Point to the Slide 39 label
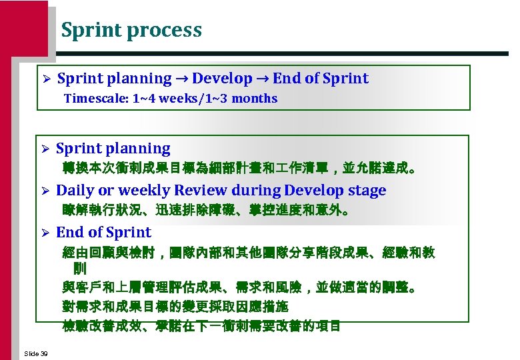pyautogui.click(x=35, y=353)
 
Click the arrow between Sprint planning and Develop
pyautogui.click(x=182, y=79)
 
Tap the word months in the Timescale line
pyautogui.click(x=254, y=99)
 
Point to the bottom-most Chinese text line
pyautogui.click(x=201, y=326)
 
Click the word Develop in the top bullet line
pyautogui.click(x=222, y=79)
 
